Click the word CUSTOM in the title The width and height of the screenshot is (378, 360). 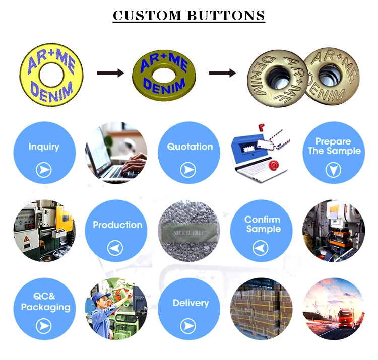[148, 15]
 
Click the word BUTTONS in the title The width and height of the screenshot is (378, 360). [226, 15]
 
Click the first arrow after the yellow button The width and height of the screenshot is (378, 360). [110, 74]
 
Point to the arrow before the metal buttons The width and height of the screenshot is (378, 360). [222, 74]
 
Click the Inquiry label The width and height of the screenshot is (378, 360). [44, 147]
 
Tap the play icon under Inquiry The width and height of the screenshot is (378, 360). [44, 170]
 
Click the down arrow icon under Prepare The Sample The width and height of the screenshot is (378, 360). [333, 170]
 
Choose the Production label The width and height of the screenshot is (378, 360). [117, 225]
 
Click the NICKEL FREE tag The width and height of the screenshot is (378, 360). [190, 234]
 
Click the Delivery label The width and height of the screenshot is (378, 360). [191, 303]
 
